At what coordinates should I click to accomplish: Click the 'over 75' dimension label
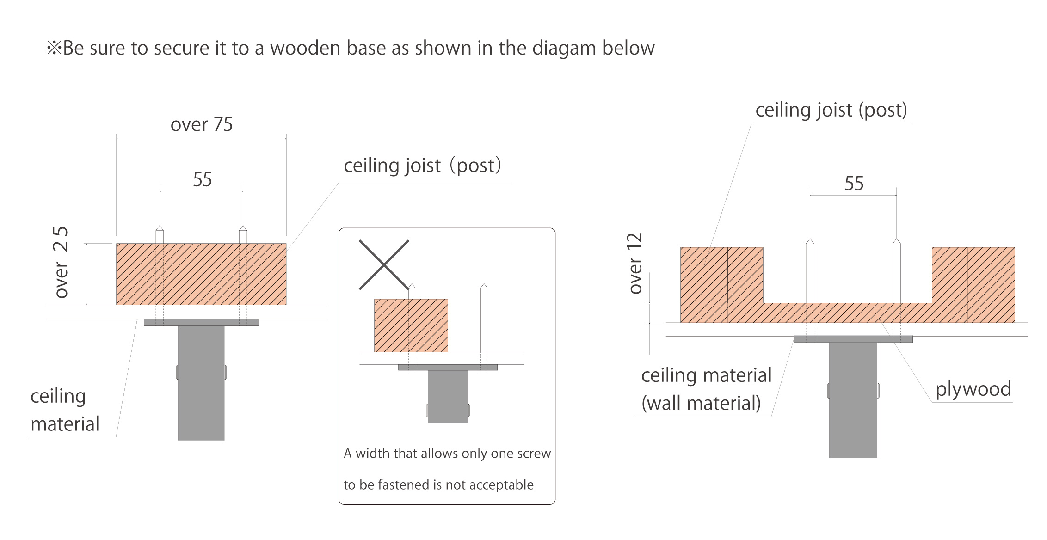coord(202,125)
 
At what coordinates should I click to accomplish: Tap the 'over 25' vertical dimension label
coord(61,262)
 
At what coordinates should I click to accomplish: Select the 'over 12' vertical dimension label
coord(636,264)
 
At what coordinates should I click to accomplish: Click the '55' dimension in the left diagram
coord(202,179)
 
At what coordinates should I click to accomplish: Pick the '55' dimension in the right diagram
coord(854,184)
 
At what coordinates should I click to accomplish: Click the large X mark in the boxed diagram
coord(384,265)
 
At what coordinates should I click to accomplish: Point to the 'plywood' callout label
coord(973,389)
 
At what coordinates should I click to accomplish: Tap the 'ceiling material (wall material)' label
coord(706,389)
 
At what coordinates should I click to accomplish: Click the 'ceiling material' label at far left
coord(64,410)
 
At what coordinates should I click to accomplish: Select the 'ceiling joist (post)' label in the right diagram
coord(831,110)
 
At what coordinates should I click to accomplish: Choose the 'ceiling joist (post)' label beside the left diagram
coord(422,166)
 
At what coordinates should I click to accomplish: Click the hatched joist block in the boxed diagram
coord(411,325)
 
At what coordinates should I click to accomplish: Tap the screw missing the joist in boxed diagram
coord(484,319)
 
